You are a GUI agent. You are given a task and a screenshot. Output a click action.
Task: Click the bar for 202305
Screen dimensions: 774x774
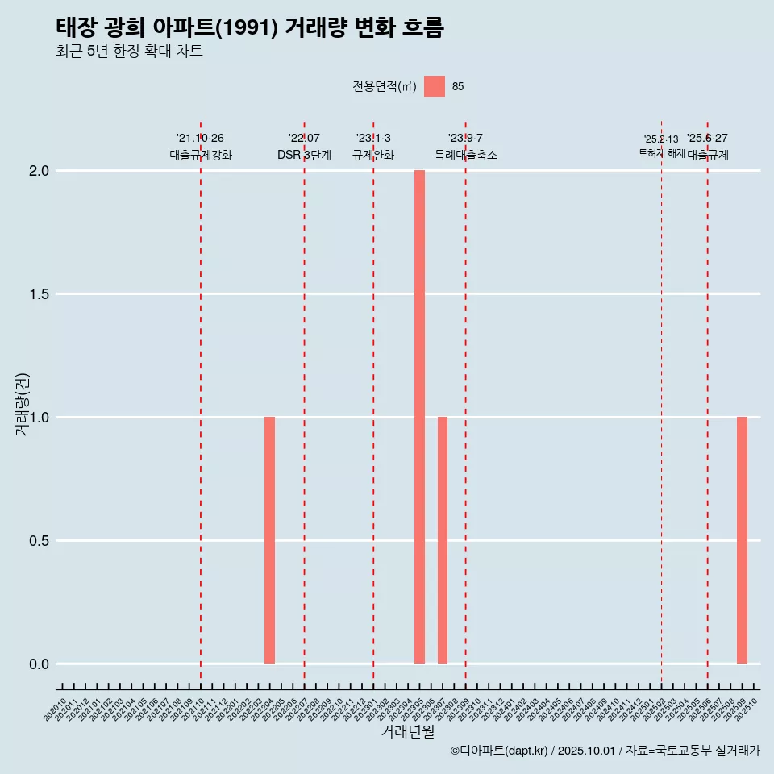tap(419, 417)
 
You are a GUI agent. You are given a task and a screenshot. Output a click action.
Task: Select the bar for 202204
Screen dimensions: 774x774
tap(269, 540)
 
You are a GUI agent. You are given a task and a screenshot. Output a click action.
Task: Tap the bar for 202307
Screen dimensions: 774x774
tap(443, 540)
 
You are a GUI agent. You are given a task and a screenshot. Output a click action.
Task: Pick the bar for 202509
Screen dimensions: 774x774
tap(742, 540)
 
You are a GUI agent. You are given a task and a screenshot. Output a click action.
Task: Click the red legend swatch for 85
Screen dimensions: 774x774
tap(435, 86)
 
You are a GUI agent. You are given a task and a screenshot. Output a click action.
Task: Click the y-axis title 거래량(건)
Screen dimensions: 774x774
tap(23, 403)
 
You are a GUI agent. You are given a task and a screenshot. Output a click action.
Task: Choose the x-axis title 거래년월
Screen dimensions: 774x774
tap(408, 732)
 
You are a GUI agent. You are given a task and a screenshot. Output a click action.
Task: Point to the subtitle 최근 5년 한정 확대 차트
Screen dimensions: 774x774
tap(129, 52)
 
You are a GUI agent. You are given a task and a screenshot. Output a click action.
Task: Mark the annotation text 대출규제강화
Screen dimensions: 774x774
tap(201, 155)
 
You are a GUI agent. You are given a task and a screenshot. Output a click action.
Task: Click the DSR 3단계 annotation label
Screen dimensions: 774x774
tap(304, 155)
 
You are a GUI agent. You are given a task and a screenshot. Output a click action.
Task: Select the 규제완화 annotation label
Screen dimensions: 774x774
tap(373, 155)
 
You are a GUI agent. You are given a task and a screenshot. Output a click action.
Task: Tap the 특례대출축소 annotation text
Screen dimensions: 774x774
tap(466, 155)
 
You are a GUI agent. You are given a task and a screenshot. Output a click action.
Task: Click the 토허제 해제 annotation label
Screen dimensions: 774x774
tap(661, 153)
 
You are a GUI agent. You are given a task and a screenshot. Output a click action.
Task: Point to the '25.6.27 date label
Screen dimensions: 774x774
tap(707, 138)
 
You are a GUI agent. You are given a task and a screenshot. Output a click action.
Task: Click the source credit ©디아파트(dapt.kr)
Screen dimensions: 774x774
tap(500, 751)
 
